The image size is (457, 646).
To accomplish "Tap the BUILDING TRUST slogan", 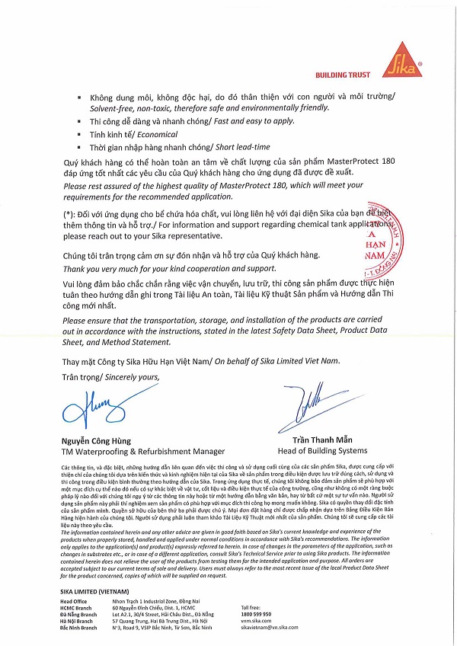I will [x=342, y=75].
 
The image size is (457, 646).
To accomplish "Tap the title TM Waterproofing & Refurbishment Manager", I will [x=143, y=451].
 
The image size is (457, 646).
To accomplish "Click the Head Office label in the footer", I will [x=75, y=601].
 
